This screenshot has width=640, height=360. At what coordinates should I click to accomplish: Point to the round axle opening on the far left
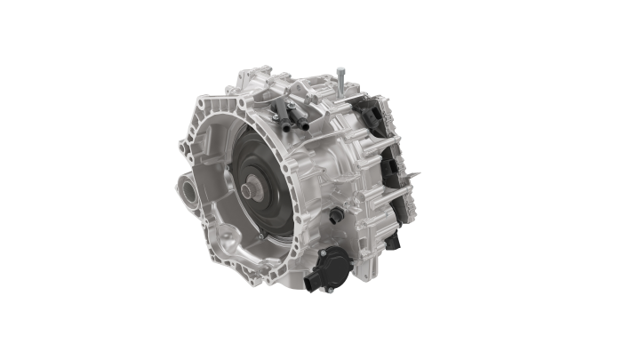pyautogui.click(x=188, y=189)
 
